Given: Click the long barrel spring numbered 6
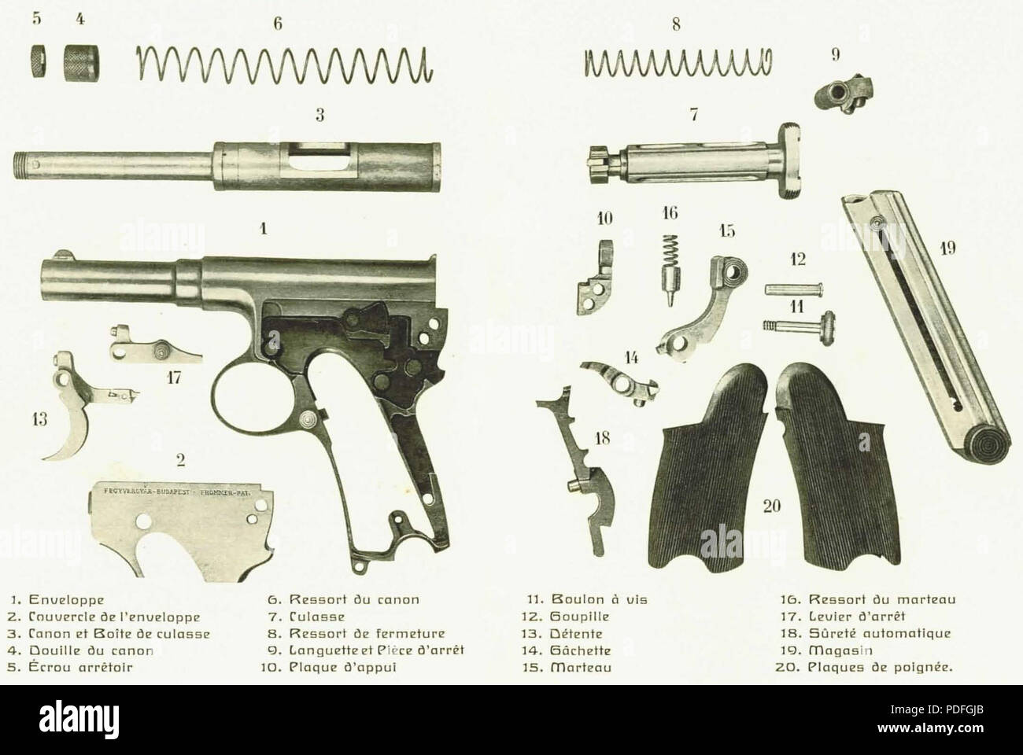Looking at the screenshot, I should click(x=285, y=62).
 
